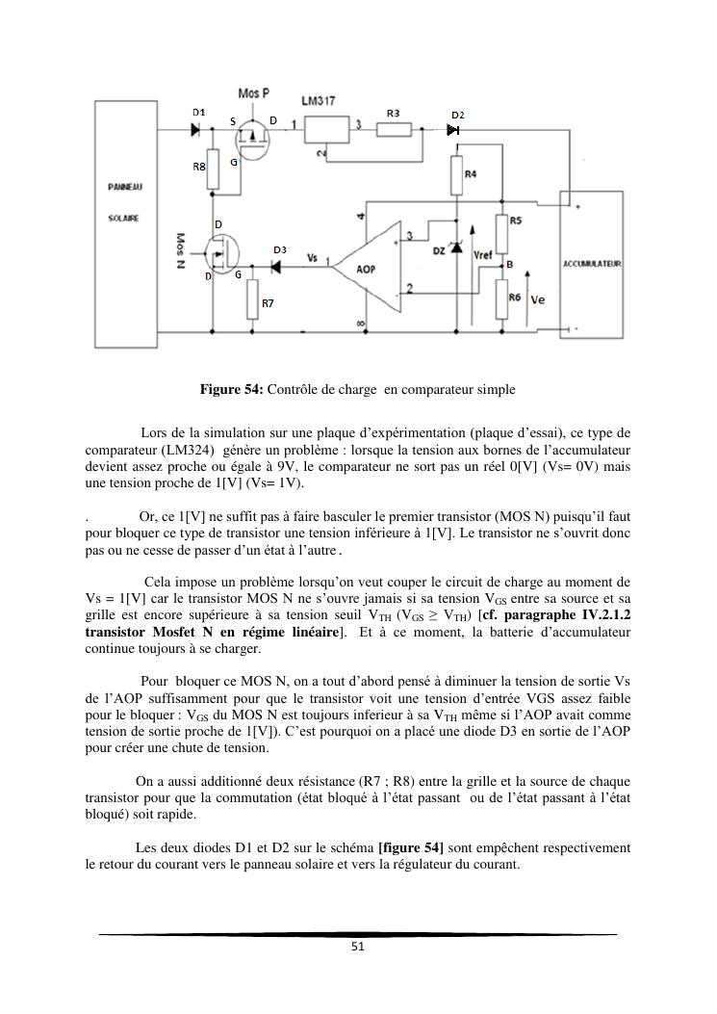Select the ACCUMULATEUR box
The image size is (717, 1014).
pyautogui.click(x=592, y=262)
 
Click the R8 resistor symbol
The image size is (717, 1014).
pyautogui.click(x=213, y=165)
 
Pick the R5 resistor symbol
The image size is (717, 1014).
pyautogui.click(x=501, y=231)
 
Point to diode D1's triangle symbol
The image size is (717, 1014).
pyautogui.click(x=197, y=128)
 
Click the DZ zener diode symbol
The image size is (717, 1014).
pyautogui.click(x=456, y=249)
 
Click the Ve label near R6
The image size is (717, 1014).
pyautogui.click(x=538, y=299)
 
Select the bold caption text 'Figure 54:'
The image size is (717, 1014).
pyautogui.click(x=231, y=390)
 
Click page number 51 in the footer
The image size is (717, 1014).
pyautogui.click(x=358, y=947)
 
